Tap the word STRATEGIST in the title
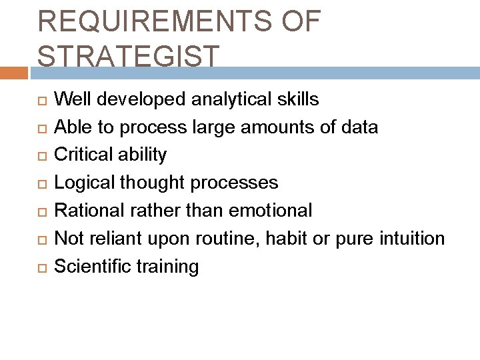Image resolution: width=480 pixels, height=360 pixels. point(127,57)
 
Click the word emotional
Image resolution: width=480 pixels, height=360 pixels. point(271,211)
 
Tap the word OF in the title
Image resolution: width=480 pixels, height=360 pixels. point(301,22)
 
